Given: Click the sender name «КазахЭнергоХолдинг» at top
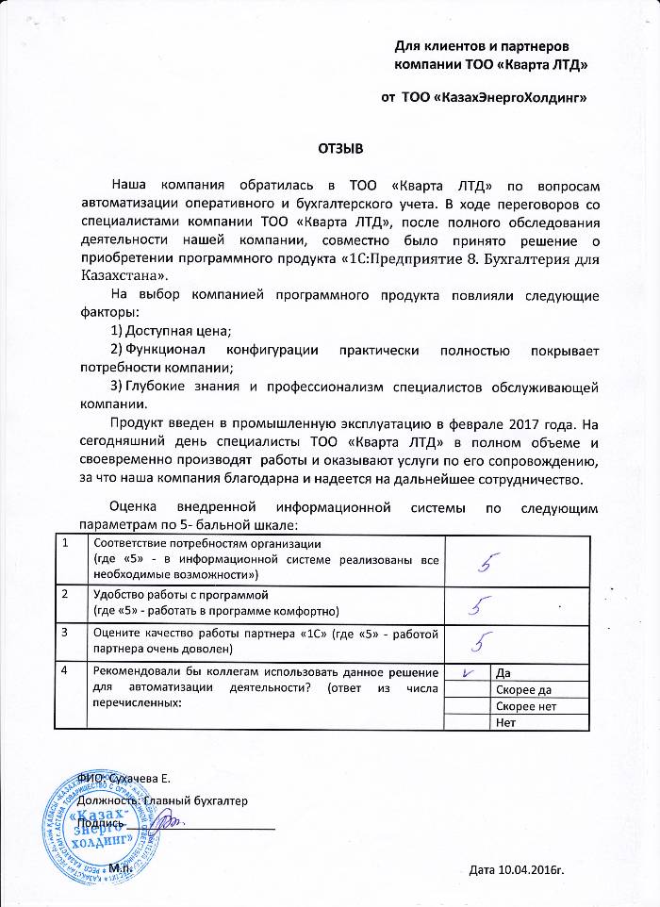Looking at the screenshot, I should point(495,97).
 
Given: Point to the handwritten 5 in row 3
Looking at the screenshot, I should point(483,643).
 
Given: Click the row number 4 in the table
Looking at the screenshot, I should point(64,671).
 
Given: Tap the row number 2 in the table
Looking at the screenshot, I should point(64,596).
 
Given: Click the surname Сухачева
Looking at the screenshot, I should point(134,778).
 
